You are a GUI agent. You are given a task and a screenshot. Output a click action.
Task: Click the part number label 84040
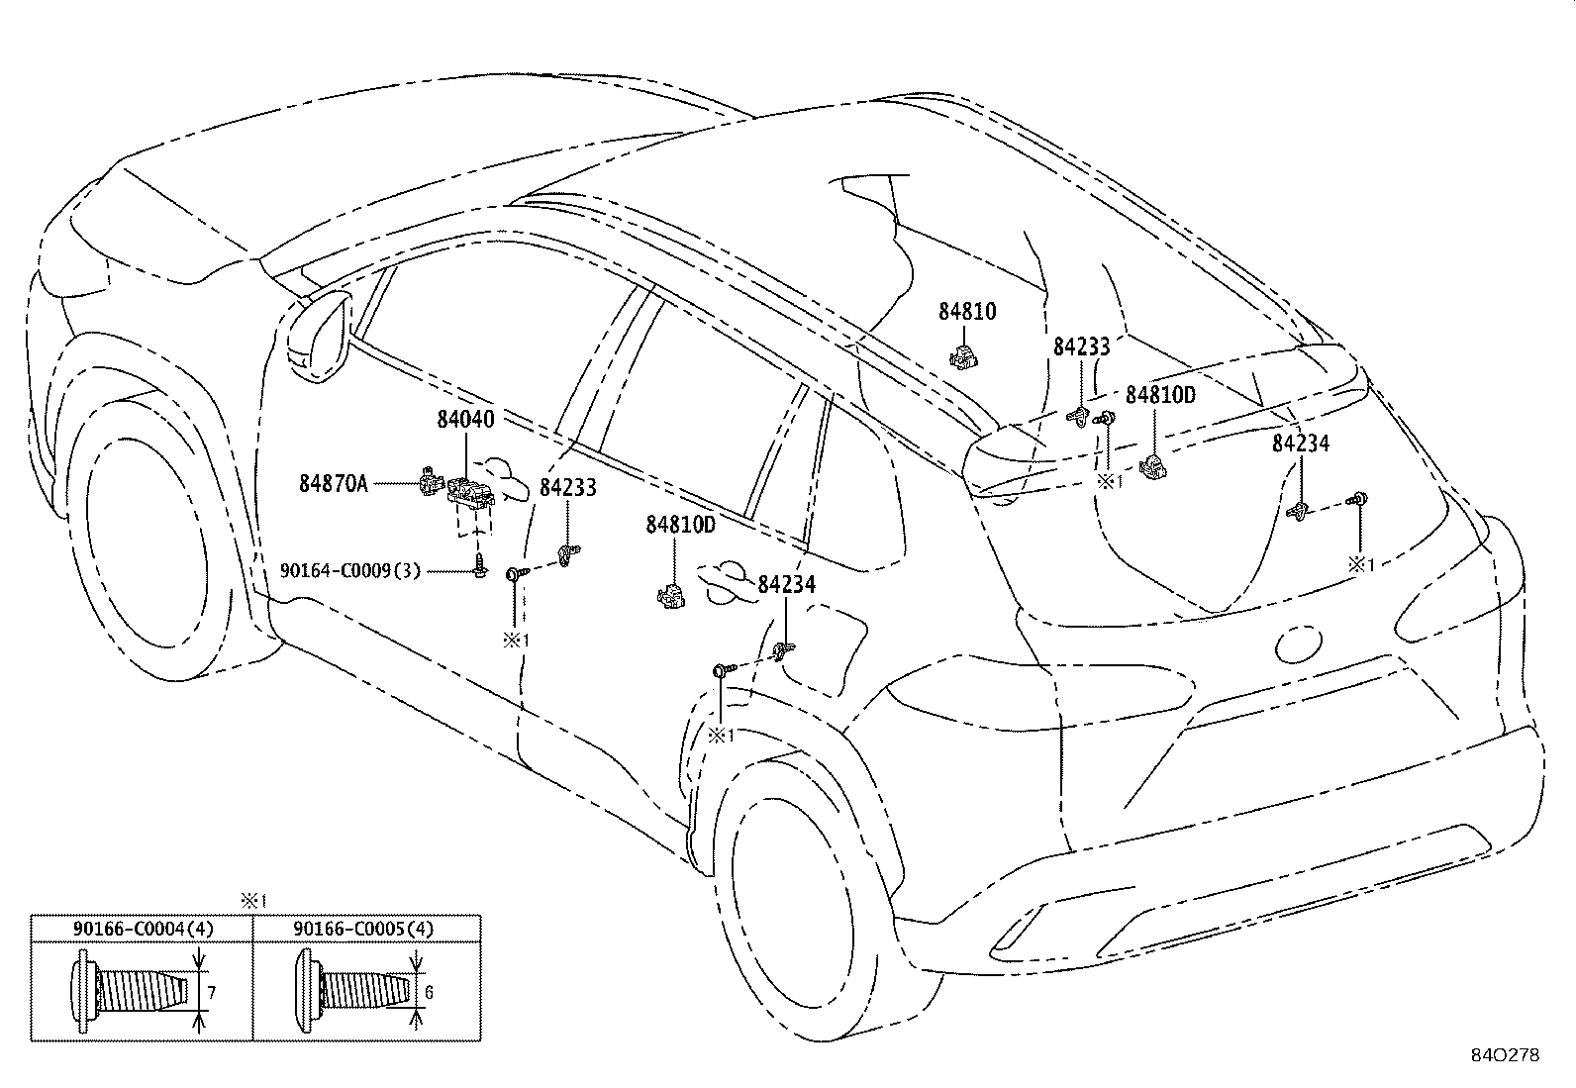click(465, 420)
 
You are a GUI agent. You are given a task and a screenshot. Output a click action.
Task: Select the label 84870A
click(334, 483)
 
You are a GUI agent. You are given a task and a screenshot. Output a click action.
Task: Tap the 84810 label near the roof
click(967, 312)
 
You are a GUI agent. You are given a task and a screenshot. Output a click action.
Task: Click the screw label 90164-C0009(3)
click(350, 570)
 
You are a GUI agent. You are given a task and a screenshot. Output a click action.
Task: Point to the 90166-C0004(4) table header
click(143, 929)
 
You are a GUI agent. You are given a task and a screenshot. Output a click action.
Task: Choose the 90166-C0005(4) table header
click(363, 929)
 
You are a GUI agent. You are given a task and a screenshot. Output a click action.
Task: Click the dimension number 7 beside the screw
click(211, 992)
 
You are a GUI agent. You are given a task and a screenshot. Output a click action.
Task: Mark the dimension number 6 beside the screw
click(429, 992)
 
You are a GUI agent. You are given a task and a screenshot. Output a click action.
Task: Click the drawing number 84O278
click(1505, 1055)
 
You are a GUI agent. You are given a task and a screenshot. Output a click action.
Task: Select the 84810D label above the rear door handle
click(680, 525)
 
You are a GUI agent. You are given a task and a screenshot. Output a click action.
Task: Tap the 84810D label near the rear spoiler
click(1160, 395)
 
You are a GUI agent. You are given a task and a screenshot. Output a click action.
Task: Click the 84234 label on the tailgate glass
click(1300, 444)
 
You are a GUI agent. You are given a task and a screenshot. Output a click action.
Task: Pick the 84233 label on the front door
click(568, 487)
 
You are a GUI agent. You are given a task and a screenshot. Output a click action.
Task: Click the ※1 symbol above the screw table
click(254, 901)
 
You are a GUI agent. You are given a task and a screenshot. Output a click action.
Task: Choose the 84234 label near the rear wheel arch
click(786, 585)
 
